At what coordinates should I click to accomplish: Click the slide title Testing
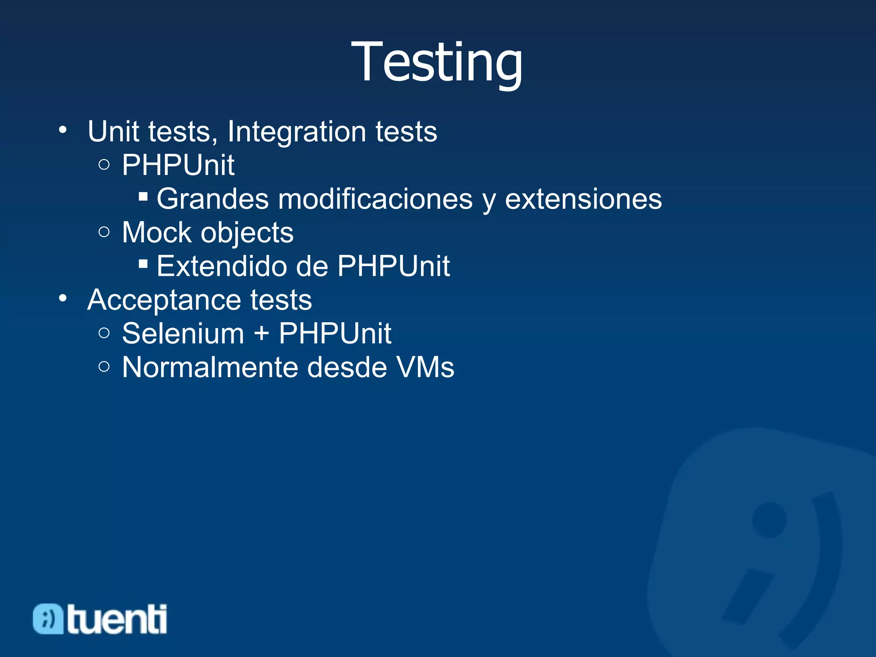coord(437,62)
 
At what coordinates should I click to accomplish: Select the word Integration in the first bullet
coord(296,131)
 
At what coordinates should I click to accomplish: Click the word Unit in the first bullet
coord(113,131)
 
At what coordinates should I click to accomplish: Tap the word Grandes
coord(213,199)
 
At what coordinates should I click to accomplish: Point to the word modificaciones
coord(375,199)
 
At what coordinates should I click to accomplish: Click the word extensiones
coord(583,199)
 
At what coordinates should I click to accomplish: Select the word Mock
coord(157,233)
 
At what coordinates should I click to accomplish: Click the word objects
coord(247,234)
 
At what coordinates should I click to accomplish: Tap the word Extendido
coord(221,266)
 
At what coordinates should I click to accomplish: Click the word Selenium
coord(183,334)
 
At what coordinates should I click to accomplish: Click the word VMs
coord(425,367)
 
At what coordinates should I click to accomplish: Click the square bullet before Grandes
coord(143,197)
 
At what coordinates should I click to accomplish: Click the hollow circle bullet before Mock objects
coord(104,232)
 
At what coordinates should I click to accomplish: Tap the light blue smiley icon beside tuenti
coord(48,619)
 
